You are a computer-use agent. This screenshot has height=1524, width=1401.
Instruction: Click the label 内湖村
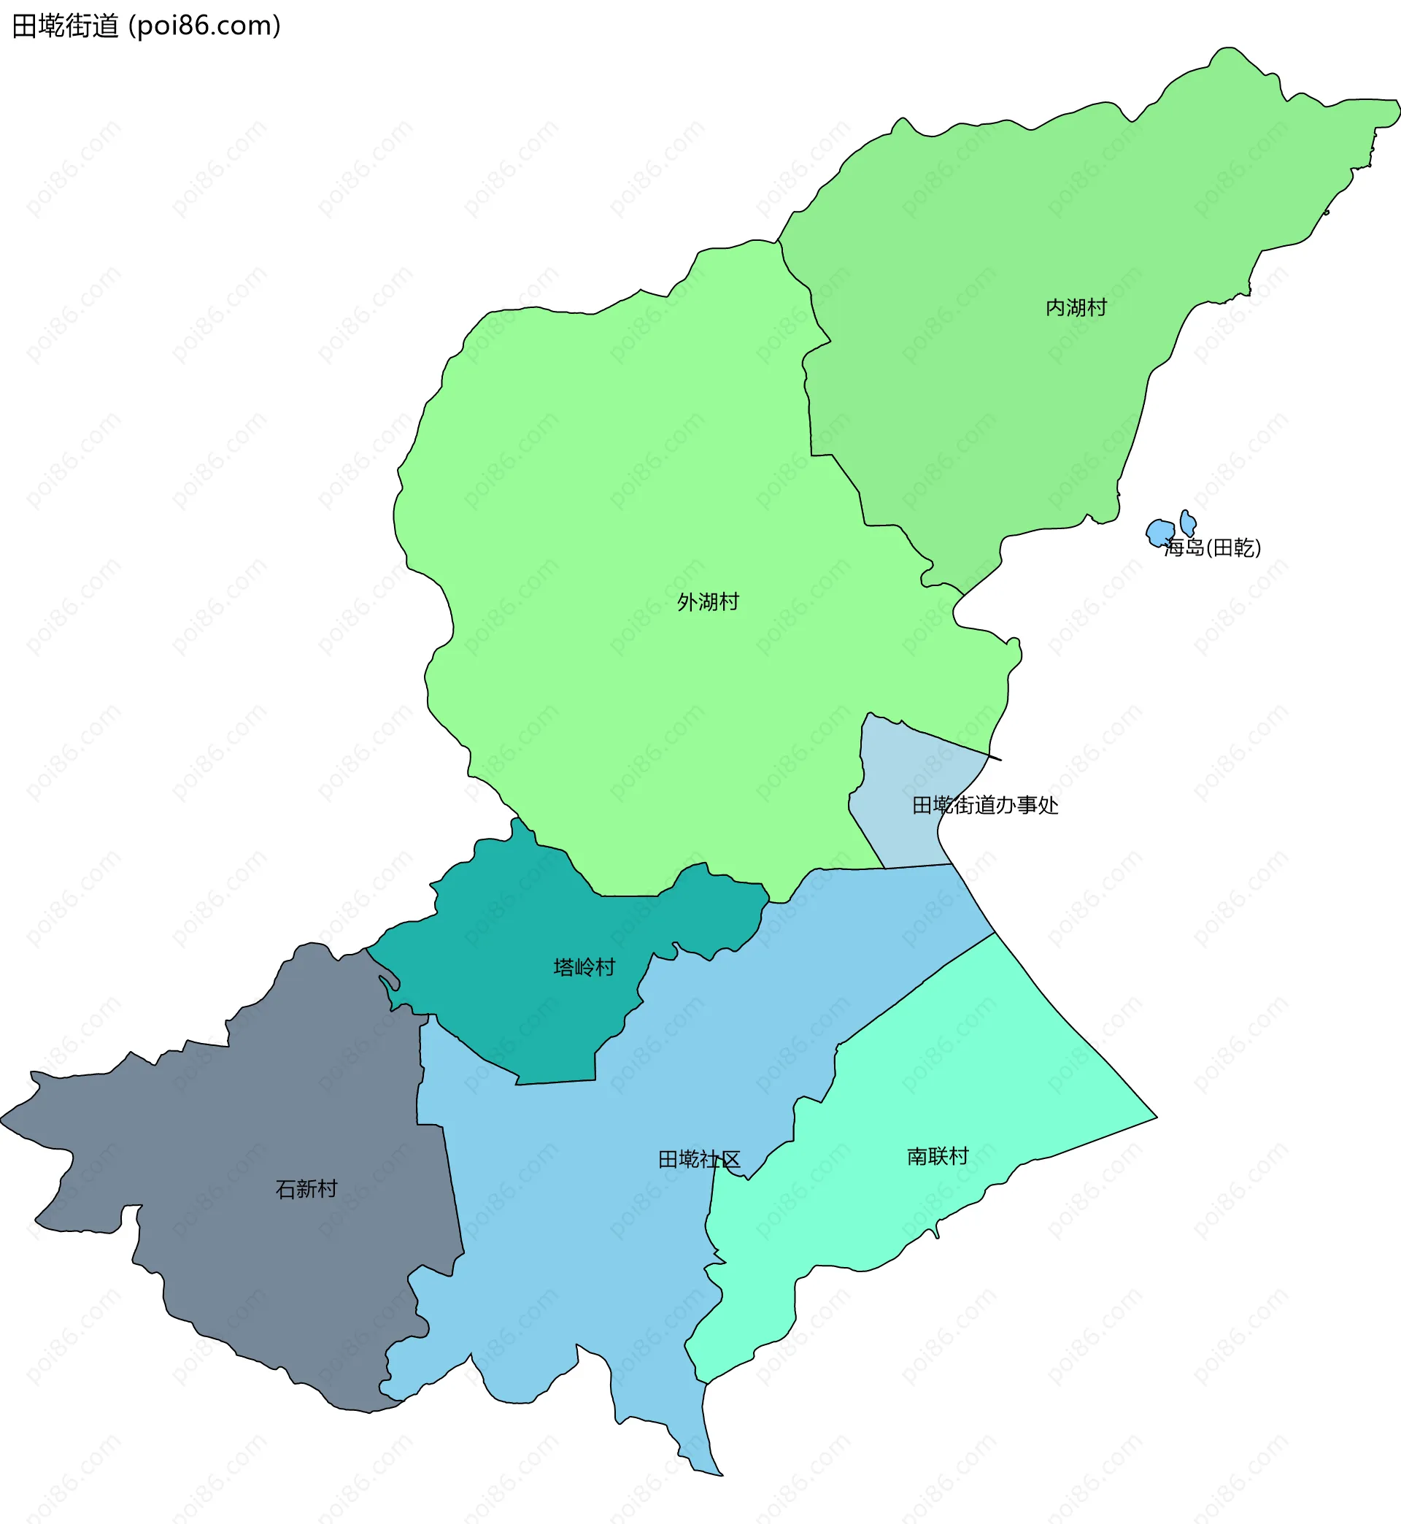[1076, 308]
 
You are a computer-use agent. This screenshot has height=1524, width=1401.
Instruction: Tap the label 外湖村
[707, 602]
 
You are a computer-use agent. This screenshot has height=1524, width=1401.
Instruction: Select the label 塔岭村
[584, 968]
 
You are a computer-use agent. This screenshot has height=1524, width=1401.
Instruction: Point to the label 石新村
[306, 1189]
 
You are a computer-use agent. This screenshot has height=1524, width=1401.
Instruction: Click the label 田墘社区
[698, 1159]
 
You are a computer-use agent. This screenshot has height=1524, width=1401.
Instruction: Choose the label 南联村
[938, 1156]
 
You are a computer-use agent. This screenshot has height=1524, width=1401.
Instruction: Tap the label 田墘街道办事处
[985, 805]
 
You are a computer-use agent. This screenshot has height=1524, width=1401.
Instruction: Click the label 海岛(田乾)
[1212, 547]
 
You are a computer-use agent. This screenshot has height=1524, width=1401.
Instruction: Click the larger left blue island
[1159, 531]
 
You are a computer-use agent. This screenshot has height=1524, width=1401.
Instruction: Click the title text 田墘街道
[65, 26]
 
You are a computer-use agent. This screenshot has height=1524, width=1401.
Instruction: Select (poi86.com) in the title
[205, 26]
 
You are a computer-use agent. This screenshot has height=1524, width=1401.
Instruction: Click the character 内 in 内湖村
[1055, 308]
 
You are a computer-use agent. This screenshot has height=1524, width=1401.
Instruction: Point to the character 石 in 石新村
[285, 1189]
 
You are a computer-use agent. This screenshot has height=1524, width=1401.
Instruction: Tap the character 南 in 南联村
[917, 1156]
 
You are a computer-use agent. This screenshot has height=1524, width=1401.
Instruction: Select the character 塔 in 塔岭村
[563, 968]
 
